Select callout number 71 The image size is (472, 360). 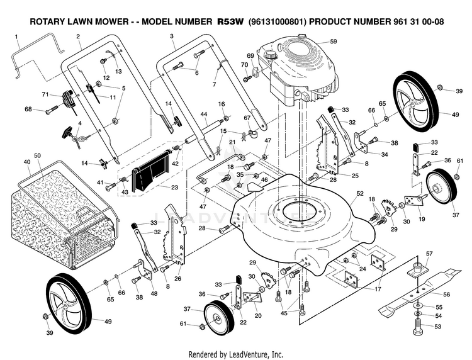(45, 94)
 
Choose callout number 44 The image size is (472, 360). (204, 115)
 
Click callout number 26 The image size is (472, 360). (177, 279)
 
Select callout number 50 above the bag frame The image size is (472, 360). (37, 155)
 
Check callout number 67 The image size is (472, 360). (247, 118)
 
